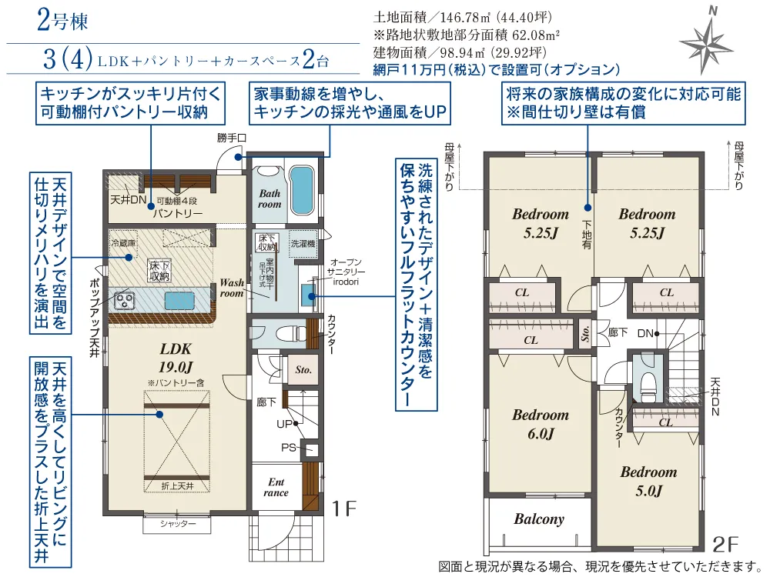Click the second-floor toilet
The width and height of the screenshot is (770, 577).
click(647, 379)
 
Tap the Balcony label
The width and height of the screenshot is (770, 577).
click(539, 519)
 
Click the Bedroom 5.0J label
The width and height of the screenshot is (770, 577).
click(648, 481)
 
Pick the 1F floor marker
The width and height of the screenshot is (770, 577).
click(343, 509)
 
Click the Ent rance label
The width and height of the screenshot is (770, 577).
click(276, 487)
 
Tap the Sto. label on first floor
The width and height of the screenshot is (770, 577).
click(303, 370)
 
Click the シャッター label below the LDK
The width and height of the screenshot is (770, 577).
click(178, 524)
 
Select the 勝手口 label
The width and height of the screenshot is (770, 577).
click(231, 138)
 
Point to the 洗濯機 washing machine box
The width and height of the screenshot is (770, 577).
click(302, 243)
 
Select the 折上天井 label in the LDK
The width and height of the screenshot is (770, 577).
click(177, 486)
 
